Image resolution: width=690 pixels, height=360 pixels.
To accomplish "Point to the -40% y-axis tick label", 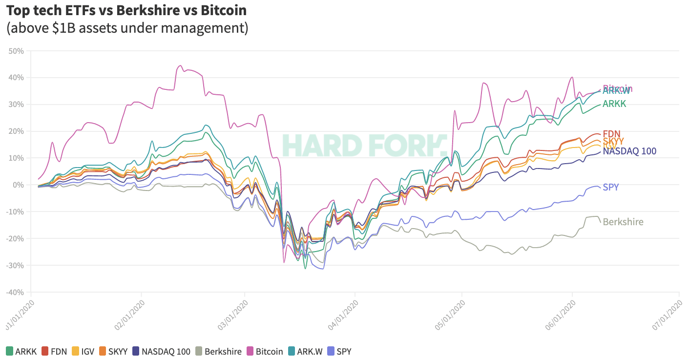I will pos(16,292).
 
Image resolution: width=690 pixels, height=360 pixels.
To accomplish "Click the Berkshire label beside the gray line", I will pos(623,222).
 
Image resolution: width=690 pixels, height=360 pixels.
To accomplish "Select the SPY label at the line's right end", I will pos(611,187).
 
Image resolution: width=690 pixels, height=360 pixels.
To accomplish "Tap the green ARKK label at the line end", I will pos(614,104).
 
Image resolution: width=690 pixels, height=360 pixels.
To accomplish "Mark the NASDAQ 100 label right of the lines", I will pos(629,151).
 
